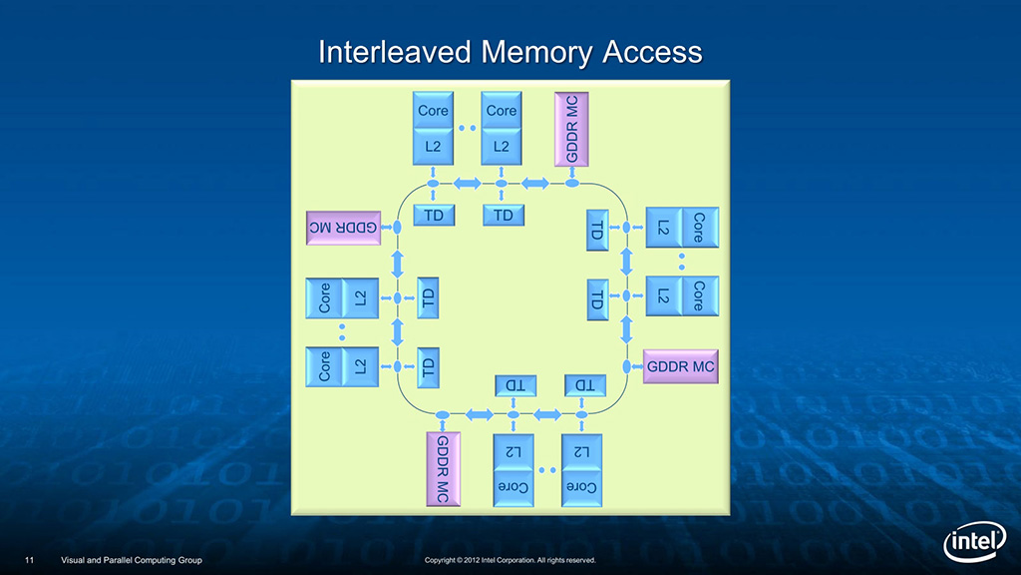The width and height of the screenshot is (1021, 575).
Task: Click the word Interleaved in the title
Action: pyautogui.click(x=395, y=52)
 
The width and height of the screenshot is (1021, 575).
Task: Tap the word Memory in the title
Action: pyautogui.click(x=538, y=52)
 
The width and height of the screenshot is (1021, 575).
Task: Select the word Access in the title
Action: pyautogui.click(x=653, y=52)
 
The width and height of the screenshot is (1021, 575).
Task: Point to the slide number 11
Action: pyautogui.click(x=30, y=560)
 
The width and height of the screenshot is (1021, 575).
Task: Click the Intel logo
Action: pyautogui.click(x=974, y=544)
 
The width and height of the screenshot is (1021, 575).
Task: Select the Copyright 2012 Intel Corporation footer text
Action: pyautogui.click(x=510, y=560)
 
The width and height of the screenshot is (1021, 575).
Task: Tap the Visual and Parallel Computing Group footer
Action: pyautogui.click(x=132, y=560)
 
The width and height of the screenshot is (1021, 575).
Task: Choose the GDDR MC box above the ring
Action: pyautogui.click(x=571, y=129)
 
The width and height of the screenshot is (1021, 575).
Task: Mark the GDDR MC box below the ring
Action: pyautogui.click(x=440, y=468)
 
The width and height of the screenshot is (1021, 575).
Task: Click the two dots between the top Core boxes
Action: pyautogui.click(x=467, y=129)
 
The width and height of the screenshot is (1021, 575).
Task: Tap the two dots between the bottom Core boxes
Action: pyautogui.click(x=546, y=468)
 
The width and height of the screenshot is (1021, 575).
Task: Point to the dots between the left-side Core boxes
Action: pyautogui.click(x=342, y=329)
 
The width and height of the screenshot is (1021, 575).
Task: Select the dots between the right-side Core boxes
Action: pyautogui.click(x=682, y=261)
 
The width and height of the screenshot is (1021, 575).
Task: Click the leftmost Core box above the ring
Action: pyautogui.click(x=433, y=111)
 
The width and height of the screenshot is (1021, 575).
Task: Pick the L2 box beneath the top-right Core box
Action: pyautogui.click(x=502, y=147)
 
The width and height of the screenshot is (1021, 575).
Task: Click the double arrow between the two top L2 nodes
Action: pyautogui.click(x=467, y=183)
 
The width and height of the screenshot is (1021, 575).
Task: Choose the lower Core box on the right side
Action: pyautogui.click(x=699, y=295)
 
